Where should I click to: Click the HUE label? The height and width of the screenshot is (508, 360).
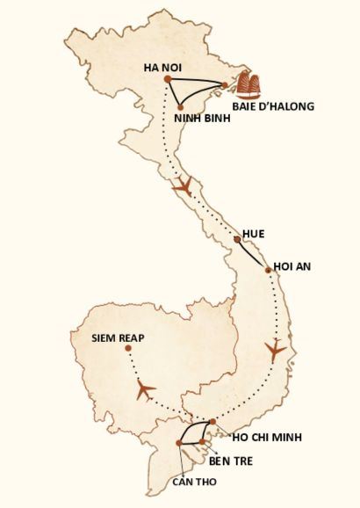pyautogui.click(x=254, y=234)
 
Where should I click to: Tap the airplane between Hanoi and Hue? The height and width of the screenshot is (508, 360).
pyautogui.click(x=183, y=186)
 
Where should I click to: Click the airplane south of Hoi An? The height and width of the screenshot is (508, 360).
pyautogui.click(x=277, y=350)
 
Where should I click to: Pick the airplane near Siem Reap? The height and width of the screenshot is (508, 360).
pyautogui.click(x=145, y=388)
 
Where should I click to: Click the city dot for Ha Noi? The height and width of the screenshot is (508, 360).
pyautogui.click(x=167, y=80)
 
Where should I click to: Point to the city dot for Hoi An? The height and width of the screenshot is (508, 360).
pyautogui.click(x=269, y=271)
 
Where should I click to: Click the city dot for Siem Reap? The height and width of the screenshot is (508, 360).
pyautogui.click(x=128, y=349)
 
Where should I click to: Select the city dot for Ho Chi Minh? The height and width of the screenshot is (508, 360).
pyautogui.click(x=212, y=423)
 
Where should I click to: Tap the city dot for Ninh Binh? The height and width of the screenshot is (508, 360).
pyautogui.click(x=181, y=107)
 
